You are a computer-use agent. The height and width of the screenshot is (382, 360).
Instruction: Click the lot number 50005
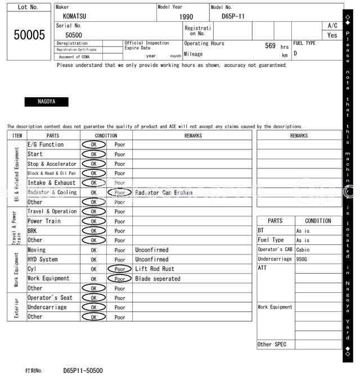pos(29,35)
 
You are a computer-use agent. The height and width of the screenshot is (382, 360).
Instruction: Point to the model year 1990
pos(186,17)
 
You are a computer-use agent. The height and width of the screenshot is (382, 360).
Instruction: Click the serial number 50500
pos(74,35)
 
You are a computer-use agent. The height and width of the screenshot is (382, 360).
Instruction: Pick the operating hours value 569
pos(270,46)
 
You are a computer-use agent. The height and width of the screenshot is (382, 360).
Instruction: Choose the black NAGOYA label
pos(46,102)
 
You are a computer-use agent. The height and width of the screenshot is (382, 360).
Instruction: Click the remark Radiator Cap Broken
pos(164,193)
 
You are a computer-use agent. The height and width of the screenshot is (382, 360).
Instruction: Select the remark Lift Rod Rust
pos(155,269)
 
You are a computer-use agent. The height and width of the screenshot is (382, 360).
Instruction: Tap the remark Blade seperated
pos(157,279)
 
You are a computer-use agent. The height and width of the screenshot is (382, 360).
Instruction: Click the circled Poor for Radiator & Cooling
pos(120,193)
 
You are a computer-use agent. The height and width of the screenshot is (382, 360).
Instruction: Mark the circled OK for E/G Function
pos(93,145)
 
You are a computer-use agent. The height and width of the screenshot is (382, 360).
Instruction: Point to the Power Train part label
pos(43,221)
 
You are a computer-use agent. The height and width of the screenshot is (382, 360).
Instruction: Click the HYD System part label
pos(43,260)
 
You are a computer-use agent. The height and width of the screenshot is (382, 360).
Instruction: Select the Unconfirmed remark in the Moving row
pos(152,250)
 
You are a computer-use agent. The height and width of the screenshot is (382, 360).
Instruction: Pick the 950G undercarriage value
pos(302,260)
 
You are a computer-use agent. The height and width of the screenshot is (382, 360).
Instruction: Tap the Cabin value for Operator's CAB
pos(303,250)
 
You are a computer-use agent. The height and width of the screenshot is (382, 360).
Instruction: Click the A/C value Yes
pos(332,35)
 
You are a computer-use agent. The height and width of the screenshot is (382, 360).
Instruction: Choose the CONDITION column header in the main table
pos(106,135)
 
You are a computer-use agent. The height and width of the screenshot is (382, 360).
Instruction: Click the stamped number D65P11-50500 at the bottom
pos(83,371)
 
